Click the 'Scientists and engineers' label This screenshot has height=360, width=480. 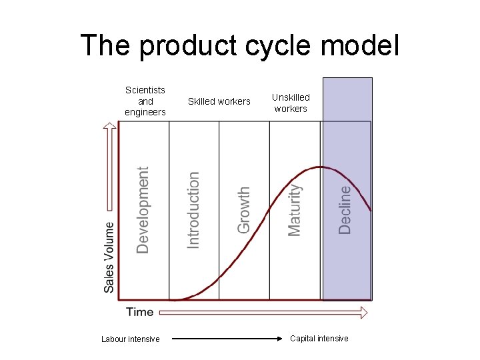coord(145,101)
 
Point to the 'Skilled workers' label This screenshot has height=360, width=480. coord(219,101)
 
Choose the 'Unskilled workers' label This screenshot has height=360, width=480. coord(291,103)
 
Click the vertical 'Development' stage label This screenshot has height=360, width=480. coord(143,210)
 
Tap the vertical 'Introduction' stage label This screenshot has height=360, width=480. coord(193,209)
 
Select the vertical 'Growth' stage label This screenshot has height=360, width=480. coord(244,209)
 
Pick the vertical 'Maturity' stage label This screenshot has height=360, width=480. coord(294,209)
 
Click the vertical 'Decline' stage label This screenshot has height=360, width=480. coord(345,209)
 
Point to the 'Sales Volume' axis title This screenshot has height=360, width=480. coord(109,257)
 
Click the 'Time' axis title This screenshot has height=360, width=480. coord(139,311)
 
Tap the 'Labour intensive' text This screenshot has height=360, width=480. coord(131,339)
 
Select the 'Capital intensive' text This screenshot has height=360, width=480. coord(319,339)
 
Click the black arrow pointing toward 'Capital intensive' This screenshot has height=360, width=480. coord(227,339)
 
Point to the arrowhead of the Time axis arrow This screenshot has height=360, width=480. coord(363,312)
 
